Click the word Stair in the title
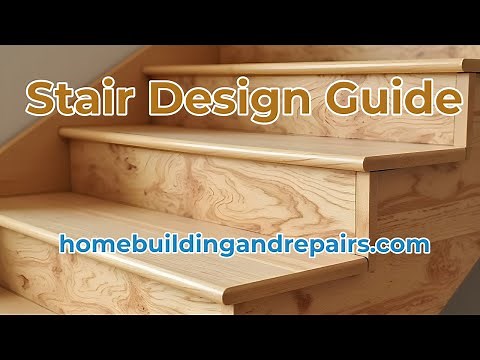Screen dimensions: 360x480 coord(81,100)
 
